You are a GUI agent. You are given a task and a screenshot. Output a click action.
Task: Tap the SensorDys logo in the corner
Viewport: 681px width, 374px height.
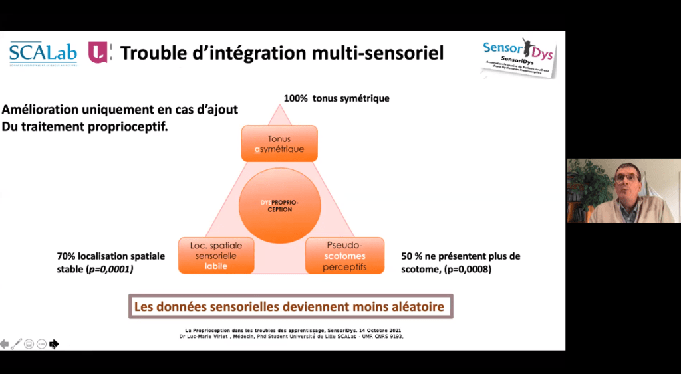(519, 56)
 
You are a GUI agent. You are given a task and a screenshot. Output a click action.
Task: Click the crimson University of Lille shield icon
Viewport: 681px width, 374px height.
(98, 52)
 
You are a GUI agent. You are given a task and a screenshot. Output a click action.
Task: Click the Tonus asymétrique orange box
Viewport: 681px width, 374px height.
(279, 143)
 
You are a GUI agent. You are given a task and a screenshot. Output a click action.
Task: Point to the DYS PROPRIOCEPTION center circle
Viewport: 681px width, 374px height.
(279, 205)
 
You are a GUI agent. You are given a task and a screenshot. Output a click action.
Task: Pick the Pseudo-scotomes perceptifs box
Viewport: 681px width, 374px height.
(344, 256)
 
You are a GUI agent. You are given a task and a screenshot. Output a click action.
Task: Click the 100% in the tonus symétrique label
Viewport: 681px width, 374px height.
(296, 98)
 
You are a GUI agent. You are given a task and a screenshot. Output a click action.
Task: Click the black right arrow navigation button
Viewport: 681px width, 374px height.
(54, 343)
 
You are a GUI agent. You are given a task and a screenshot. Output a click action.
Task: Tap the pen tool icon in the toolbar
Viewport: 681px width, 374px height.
(17, 343)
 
